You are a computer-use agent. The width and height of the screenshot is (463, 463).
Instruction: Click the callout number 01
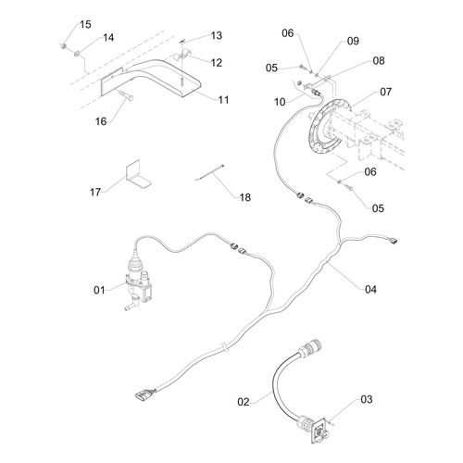coord(99,290)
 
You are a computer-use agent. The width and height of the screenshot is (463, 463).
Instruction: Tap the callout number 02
coord(244,402)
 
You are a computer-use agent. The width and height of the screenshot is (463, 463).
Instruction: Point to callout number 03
coord(367,399)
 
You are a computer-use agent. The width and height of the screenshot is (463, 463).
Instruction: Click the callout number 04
coord(370,290)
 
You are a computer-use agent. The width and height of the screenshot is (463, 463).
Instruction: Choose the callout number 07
coord(385,92)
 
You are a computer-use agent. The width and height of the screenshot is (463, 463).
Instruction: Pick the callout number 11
coord(223,100)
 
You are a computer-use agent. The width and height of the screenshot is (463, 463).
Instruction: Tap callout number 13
coord(217,35)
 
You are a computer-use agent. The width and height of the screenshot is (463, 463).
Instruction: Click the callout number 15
coord(85,24)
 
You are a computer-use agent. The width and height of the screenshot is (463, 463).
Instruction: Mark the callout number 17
coord(95,192)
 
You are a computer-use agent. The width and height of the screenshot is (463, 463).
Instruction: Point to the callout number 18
coord(245,197)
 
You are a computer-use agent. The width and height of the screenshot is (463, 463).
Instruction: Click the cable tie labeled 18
coord(210,173)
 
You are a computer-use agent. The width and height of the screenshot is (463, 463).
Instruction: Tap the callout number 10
coord(280,102)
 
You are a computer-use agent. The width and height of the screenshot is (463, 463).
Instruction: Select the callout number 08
coord(379,61)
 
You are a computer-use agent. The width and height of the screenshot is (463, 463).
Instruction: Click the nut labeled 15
coord(63,46)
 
